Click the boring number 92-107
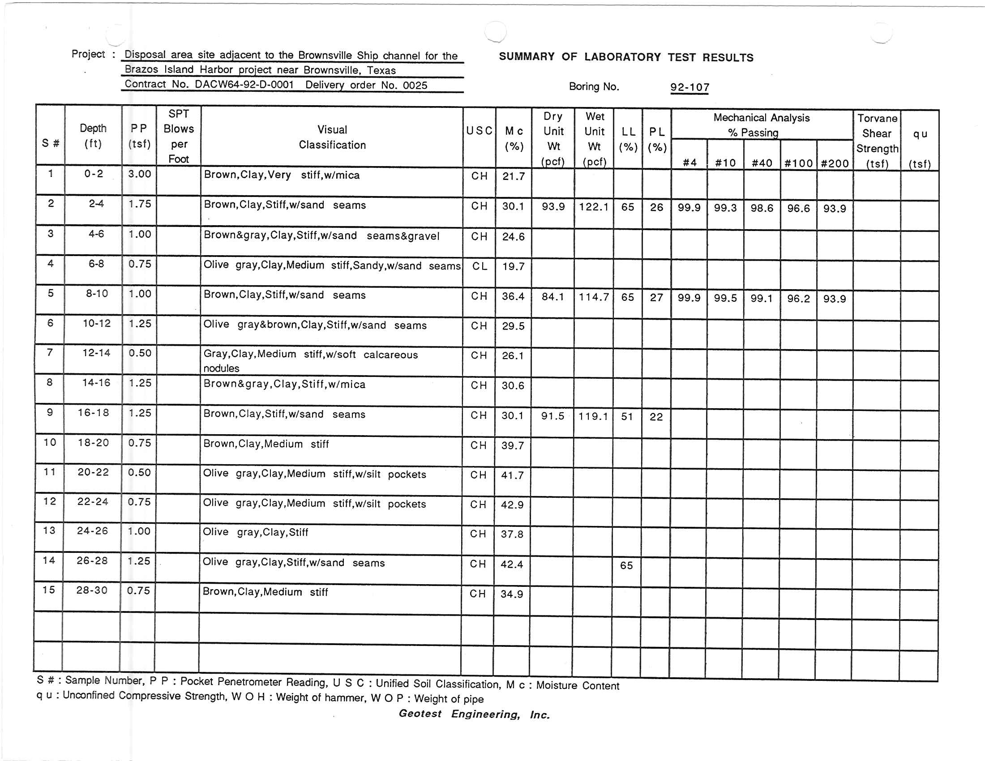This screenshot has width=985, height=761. (x=689, y=87)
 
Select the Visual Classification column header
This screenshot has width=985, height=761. (x=332, y=137)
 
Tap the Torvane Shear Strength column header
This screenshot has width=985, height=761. (x=877, y=141)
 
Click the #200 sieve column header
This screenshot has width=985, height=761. (x=835, y=163)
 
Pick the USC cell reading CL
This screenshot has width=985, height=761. (x=480, y=266)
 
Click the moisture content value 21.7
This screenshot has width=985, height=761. (x=514, y=176)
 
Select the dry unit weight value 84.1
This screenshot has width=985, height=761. (x=553, y=297)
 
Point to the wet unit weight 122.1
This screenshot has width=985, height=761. (x=594, y=207)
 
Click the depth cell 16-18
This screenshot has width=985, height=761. (x=94, y=413)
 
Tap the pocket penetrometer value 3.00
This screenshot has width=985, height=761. (x=139, y=174)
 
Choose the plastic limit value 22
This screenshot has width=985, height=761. (x=656, y=417)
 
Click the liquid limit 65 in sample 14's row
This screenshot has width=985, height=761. (x=626, y=565)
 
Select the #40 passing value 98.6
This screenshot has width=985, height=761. (x=762, y=208)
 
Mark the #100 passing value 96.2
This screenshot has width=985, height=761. (x=798, y=299)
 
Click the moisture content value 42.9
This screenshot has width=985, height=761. (x=512, y=505)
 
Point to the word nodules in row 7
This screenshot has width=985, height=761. (x=221, y=368)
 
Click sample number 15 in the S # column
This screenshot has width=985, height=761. (x=49, y=590)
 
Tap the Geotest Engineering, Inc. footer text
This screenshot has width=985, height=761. (x=474, y=714)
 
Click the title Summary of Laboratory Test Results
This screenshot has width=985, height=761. (x=626, y=57)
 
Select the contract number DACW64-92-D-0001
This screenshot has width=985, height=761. (x=244, y=85)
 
